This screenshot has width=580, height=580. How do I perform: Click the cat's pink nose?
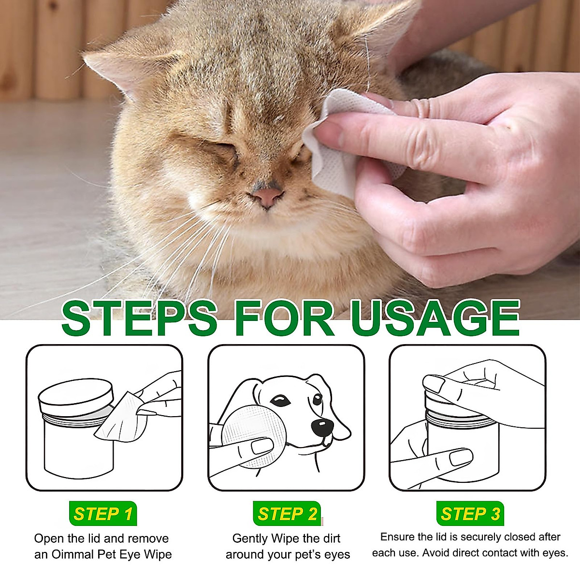(x=266, y=196)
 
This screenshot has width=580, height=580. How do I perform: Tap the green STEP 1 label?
(x=103, y=514)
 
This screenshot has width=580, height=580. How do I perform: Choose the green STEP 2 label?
(x=287, y=514)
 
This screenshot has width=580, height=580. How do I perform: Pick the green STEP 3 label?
(x=470, y=514)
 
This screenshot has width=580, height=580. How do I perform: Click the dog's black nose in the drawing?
(x=321, y=426)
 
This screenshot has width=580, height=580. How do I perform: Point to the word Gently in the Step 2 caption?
(x=250, y=538)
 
